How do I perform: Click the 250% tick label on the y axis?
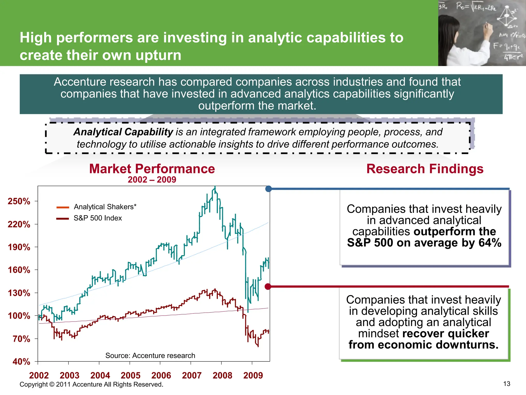click(19, 201)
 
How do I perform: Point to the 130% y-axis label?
click(19, 293)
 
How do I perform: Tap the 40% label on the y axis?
click(21, 362)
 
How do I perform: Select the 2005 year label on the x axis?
click(130, 375)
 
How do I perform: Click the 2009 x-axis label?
click(253, 375)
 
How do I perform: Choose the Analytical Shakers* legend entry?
click(105, 207)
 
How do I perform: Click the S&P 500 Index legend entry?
click(98, 218)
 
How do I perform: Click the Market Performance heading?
click(152, 169)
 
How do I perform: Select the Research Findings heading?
click(425, 169)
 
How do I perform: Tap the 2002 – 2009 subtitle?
click(152, 179)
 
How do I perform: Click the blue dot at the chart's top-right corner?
click(268, 189)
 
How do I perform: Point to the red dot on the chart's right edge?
click(268, 286)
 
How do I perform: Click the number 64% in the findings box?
click(490, 243)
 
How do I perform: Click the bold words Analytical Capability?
click(123, 132)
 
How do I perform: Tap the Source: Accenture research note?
click(150, 355)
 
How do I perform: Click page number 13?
click(506, 384)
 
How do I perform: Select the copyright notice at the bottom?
click(91, 384)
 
